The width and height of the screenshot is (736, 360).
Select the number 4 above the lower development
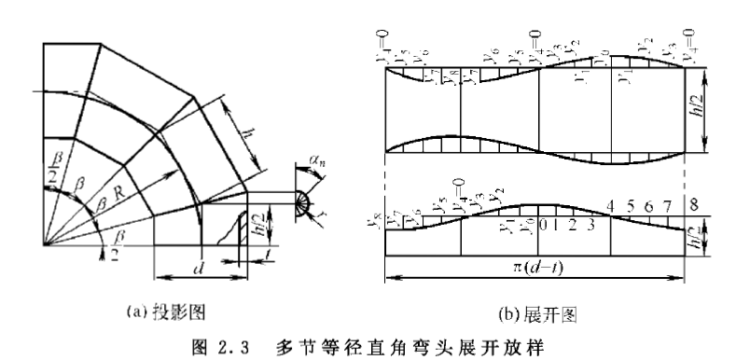coord(609,204)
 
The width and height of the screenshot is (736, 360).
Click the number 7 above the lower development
coord(668,204)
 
